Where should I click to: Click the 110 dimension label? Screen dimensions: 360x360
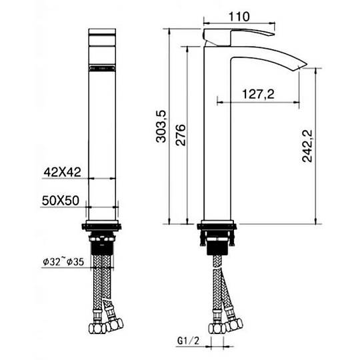click(239, 17)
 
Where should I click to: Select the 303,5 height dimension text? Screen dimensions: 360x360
click(161, 126)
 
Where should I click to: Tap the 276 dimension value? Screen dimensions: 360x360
click(181, 135)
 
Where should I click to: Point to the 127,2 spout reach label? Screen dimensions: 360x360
click(258, 94)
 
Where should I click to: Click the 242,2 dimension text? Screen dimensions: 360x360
click(307, 146)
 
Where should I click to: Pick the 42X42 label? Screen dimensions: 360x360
click(63, 172)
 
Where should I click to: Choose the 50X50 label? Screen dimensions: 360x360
click(61, 201)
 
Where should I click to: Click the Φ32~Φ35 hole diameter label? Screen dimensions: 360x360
click(63, 262)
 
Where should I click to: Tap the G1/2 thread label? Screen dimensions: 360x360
click(188, 341)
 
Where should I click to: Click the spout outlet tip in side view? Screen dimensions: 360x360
click(303, 65)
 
